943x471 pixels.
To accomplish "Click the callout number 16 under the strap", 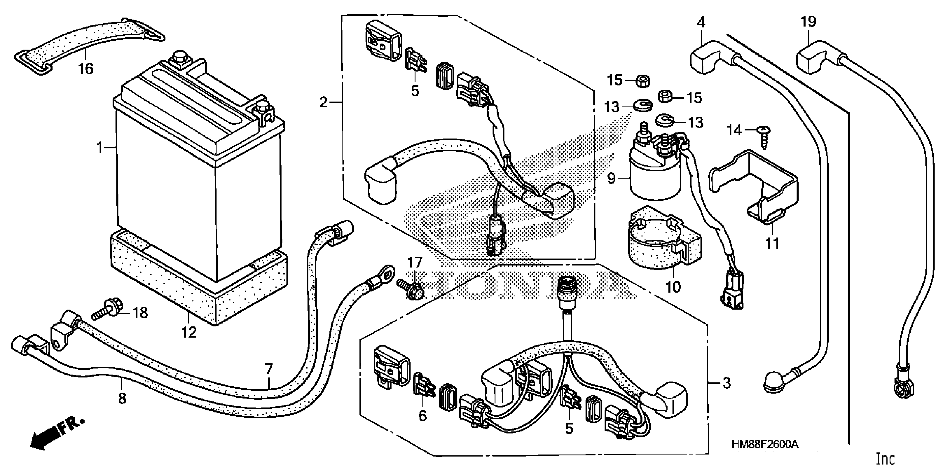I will pyautogui.click(x=86, y=68).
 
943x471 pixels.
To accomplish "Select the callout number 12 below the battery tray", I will pyautogui.click(x=189, y=332).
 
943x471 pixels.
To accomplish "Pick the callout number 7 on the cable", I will pyautogui.click(x=269, y=369).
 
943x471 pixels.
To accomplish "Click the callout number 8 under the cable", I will pyautogui.click(x=122, y=398).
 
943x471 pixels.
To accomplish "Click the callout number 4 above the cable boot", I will pyautogui.click(x=701, y=22).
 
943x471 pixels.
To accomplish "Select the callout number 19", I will pyautogui.click(x=808, y=22).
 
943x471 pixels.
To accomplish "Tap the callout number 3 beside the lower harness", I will pyautogui.click(x=727, y=383).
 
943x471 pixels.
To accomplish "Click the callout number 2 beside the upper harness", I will pyautogui.click(x=323, y=103).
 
